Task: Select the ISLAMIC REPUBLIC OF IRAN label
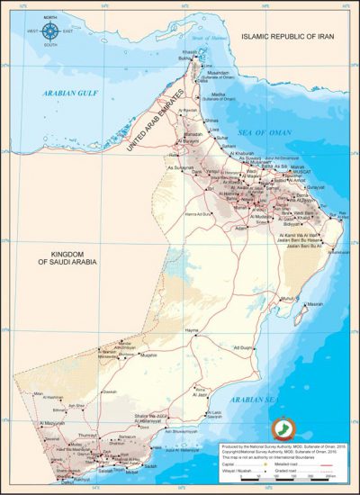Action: (x=295, y=38)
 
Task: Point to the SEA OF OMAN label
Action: (x=273, y=132)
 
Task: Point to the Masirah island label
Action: (x=315, y=304)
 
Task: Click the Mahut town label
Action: (x=286, y=297)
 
